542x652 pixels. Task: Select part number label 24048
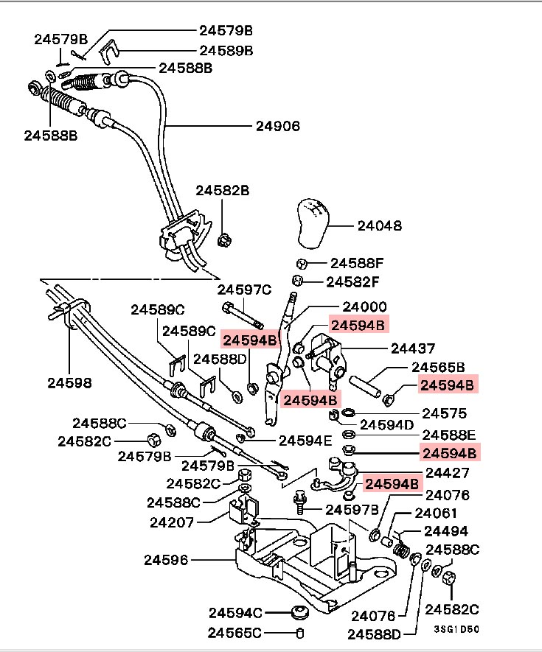pyautogui.click(x=380, y=225)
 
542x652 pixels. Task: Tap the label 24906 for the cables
pyautogui.click(x=278, y=126)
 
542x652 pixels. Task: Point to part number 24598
pyautogui.click(x=69, y=382)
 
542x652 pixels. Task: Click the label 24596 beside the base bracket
pyautogui.click(x=166, y=560)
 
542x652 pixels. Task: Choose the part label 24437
pyautogui.click(x=413, y=348)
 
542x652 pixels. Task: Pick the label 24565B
pyautogui.click(x=438, y=367)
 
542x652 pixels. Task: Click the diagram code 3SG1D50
pyautogui.click(x=456, y=629)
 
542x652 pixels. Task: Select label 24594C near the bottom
pyautogui.click(x=236, y=613)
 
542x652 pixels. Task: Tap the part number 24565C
pyautogui.click(x=234, y=633)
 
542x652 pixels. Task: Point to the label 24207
pyautogui.click(x=172, y=522)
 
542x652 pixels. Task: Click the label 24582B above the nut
pyautogui.click(x=223, y=191)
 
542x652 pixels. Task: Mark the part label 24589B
pyautogui.click(x=226, y=51)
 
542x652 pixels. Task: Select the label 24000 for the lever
pyautogui.click(x=365, y=307)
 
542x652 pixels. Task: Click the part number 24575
pyautogui.click(x=445, y=413)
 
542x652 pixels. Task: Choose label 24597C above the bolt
pyautogui.click(x=244, y=290)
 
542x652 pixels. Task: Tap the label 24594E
pyautogui.click(x=305, y=441)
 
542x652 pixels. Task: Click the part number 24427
pyautogui.click(x=448, y=473)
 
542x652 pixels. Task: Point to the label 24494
pyautogui.click(x=446, y=531)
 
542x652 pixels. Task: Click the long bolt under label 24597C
pyautogui.click(x=243, y=315)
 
